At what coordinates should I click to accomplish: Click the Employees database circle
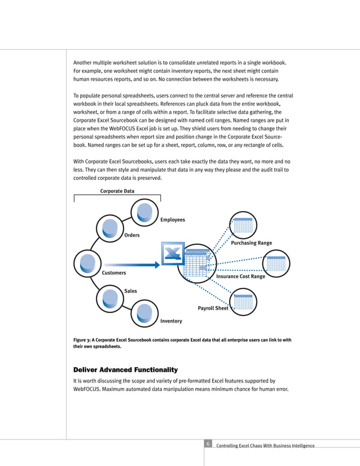[145, 212]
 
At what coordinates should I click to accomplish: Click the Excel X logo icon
[173, 254]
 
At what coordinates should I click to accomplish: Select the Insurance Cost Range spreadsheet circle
[276, 263]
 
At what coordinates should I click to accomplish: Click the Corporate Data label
[117, 191]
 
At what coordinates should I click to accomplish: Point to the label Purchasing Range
[252, 243]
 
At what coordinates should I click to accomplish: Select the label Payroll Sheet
[213, 309]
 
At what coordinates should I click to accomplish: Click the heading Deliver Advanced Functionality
[126, 370]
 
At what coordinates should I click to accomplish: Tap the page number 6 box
[208, 444]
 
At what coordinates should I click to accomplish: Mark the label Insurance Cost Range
[241, 277]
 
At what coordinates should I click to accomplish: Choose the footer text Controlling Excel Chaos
[265, 446]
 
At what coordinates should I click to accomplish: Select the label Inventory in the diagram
[172, 321]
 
